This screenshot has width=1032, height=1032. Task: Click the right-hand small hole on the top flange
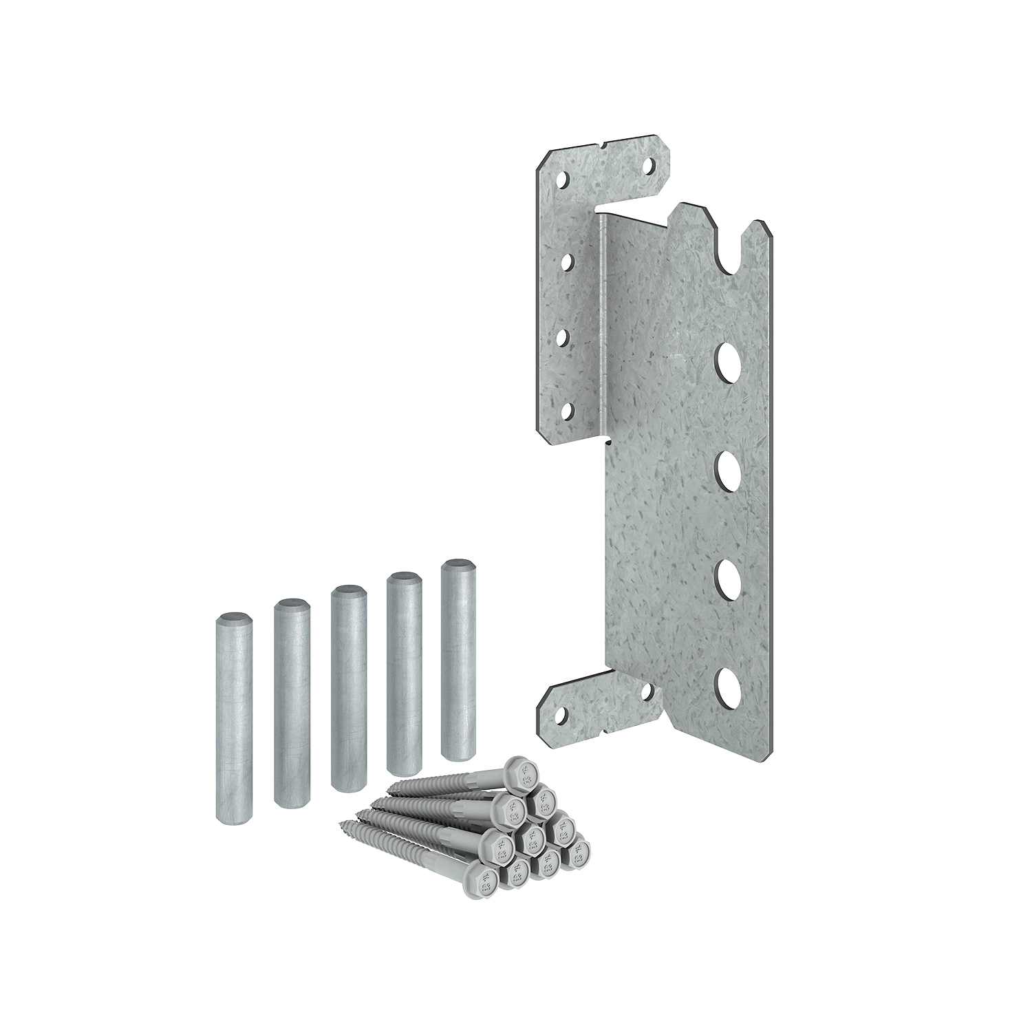649,166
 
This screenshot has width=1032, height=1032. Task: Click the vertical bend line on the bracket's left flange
603,316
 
